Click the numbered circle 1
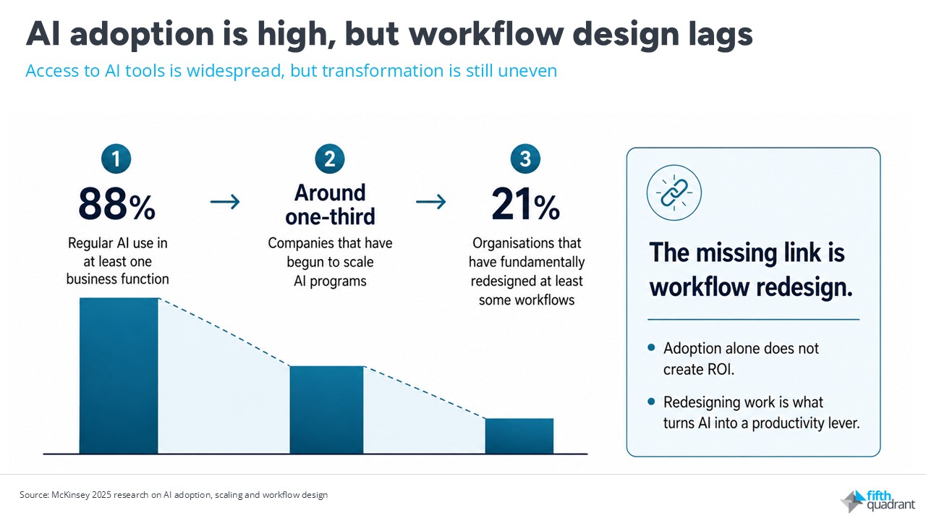click(x=116, y=158)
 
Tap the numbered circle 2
click(x=329, y=158)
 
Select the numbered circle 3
click(x=525, y=158)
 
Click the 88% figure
click(x=116, y=204)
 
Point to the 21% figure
click(x=525, y=204)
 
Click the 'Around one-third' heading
click(x=330, y=205)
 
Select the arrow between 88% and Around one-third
click(x=225, y=202)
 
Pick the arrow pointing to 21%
click(x=430, y=202)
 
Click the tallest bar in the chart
click(x=119, y=376)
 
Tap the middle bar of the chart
click(x=326, y=410)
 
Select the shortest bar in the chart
click(x=519, y=436)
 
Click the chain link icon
click(x=674, y=192)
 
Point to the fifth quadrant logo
click(x=878, y=501)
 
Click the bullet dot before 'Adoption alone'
click(x=652, y=347)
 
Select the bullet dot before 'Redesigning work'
click(x=652, y=401)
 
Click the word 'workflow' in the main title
click(x=486, y=33)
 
